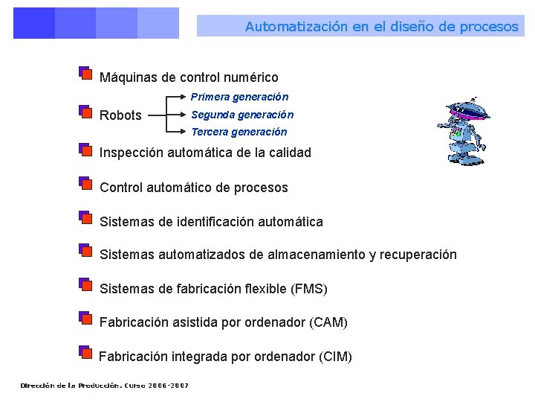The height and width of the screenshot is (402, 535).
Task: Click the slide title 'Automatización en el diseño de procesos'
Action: pos(381,27)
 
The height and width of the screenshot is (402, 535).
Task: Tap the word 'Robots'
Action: pos(120,115)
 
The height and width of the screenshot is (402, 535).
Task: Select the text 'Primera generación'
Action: pos(239,97)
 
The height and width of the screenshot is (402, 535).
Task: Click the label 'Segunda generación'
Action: pos(242,115)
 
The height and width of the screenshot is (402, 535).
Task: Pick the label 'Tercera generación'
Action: pos(239,132)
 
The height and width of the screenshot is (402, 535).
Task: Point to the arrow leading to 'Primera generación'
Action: pos(178,97)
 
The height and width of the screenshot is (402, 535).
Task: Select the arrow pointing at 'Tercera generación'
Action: pos(178,133)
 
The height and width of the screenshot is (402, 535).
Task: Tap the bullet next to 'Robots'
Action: pos(85,112)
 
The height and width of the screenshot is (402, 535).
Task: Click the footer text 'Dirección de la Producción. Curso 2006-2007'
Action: pos(105,386)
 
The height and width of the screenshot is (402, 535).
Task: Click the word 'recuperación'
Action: pos(418,255)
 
